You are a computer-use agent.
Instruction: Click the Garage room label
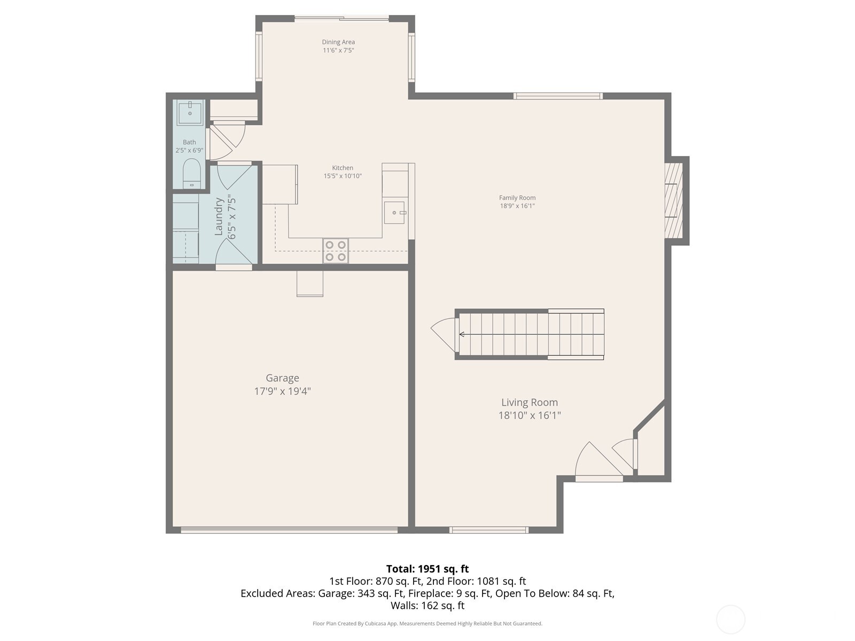pos(282,378)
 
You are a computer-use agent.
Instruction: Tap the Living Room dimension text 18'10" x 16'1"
pos(529,416)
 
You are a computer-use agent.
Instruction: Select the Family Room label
pos(517,198)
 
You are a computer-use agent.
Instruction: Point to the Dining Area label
pos(338,42)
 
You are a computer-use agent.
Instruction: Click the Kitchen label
pos(343,168)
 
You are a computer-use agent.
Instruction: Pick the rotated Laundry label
pos(219,216)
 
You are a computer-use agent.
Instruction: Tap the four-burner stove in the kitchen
pos(336,251)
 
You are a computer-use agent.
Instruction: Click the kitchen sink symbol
pos(394,212)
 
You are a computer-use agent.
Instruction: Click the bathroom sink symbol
pos(190,112)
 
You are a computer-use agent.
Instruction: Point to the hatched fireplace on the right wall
pos(674,200)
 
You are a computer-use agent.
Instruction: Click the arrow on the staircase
pos(462,334)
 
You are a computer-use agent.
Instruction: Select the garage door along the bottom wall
pos(289,530)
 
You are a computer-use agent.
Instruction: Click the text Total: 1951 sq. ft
pos(427,569)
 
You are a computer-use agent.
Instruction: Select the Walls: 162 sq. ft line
pos(427,606)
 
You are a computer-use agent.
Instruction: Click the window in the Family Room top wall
pos(558,96)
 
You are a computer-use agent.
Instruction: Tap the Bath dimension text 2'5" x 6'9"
pos(189,151)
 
